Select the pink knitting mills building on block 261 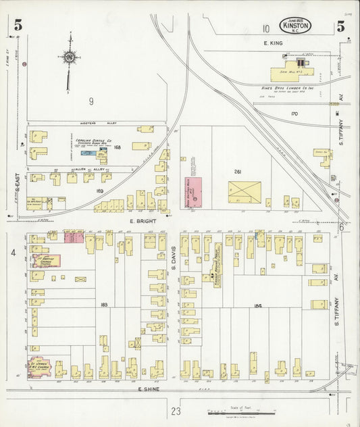(x=194, y=192)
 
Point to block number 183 (x=104, y=305)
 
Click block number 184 (x=257, y=305)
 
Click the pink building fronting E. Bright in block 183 (x=72, y=236)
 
